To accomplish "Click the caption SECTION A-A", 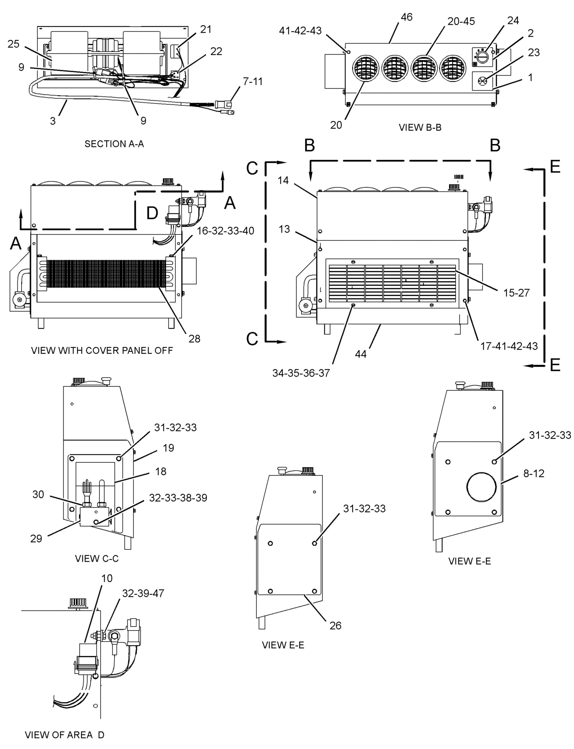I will [114, 144].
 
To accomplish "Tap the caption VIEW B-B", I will [420, 128].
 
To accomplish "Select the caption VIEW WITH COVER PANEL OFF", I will [102, 351].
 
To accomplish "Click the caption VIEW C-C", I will [97, 558].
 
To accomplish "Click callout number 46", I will [407, 17].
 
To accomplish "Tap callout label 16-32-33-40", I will [225, 231].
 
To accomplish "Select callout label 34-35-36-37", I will [301, 373].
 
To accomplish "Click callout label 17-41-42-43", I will [509, 346].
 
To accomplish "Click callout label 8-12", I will [534, 473].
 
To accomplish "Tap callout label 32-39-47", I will [143, 593].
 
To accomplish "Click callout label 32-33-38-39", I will [178, 498].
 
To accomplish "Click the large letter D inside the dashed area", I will [152, 213].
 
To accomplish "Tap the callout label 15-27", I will [516, 293].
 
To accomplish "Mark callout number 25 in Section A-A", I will [13, 44].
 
